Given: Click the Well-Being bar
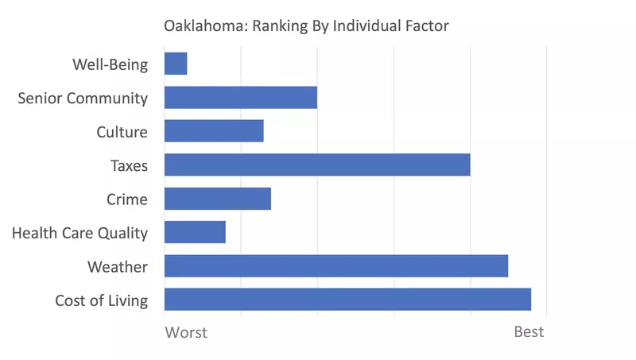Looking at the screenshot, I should coord(176,64).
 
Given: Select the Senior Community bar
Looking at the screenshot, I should coord(240,98).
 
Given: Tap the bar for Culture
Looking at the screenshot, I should coord(213,131).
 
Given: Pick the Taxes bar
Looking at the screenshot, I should coord(316,165).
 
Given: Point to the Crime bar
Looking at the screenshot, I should coord(217,199).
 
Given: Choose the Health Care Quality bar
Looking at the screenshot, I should coord(195,232).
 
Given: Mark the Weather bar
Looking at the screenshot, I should coord(335,266).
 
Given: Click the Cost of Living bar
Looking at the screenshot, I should coord(347,300).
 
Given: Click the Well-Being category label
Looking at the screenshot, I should coord(110,64).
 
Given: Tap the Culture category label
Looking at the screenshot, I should coord(122,132).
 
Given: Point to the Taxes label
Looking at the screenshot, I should coord(129,165).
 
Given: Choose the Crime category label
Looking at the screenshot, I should coord(126,199).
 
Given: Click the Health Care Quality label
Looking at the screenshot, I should coord(79,233).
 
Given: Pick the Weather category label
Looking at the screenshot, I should coord(117,266).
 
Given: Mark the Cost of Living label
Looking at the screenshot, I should coord(101,300).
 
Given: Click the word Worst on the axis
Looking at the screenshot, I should coord(185,332).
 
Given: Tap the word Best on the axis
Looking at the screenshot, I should coord(529,331).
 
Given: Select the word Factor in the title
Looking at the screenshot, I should coord(426,26).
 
